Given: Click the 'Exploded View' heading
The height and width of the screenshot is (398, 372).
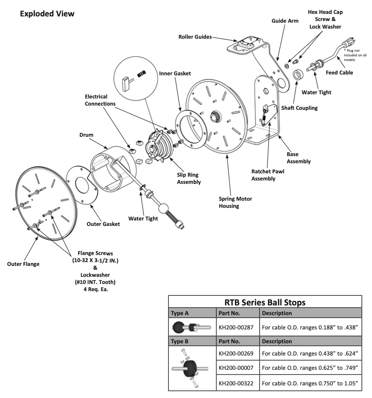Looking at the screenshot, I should (x=47, y=14).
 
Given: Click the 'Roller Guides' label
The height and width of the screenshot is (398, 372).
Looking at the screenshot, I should (x=194, y=37).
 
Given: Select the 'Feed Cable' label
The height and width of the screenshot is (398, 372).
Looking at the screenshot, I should (x=340, y=72).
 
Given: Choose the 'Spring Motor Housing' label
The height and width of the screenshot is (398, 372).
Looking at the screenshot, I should (x=235, y=202).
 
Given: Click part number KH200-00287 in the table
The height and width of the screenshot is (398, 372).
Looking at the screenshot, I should (x=236, y=326).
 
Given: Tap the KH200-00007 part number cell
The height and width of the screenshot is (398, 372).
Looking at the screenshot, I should (x=236, y=367).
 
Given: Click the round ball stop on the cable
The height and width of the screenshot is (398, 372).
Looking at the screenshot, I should (x=163, y=209).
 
